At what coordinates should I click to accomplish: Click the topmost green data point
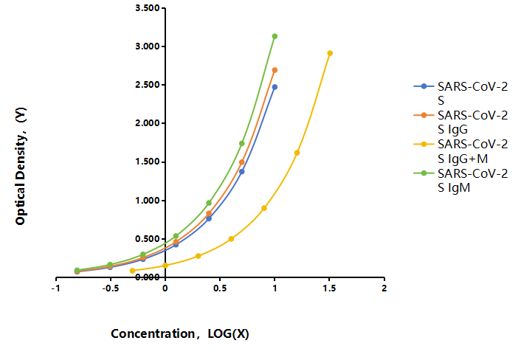[275, 36]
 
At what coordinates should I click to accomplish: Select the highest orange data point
[275, 70]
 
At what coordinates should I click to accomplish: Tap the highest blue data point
[275, 87]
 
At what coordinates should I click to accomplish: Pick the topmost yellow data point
[330, 53]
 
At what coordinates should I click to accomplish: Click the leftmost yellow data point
[132, 271]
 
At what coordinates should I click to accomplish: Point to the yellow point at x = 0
[165, 266]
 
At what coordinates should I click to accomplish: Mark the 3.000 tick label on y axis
[148, 46]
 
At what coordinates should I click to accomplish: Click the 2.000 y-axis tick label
[148, 123]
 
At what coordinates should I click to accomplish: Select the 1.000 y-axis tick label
[148, 200]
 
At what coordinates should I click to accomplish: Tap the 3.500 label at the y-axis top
[148, 7]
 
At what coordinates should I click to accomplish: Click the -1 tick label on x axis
[56, 288]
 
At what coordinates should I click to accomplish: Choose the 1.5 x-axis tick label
[329, 288]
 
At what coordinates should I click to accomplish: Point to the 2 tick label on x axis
[384, 288]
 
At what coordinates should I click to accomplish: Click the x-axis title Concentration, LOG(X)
[180, 333]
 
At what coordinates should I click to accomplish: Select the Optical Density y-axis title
[21, 166]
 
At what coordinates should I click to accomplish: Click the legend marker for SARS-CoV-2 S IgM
[424, 173]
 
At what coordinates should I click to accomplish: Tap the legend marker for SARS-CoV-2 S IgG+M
[424, 144]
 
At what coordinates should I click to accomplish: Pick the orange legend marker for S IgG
[424, 115]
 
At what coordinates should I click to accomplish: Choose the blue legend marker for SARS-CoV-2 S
[424, 86]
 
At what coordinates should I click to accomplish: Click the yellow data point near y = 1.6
[297, 153]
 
